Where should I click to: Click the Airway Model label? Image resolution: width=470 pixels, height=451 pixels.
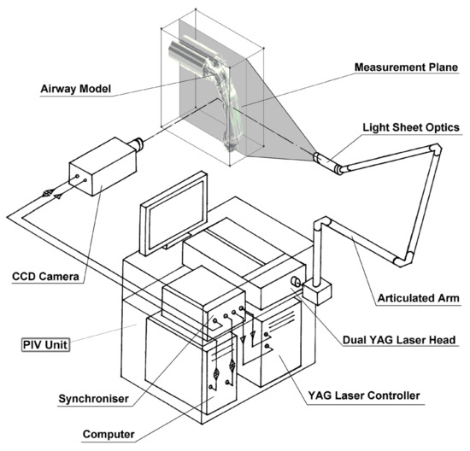point(75,89)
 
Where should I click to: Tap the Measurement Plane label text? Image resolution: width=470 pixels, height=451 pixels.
point(406,67)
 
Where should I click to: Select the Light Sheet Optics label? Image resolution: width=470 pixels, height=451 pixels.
point(411,127)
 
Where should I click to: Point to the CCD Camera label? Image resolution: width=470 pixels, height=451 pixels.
point(45,276)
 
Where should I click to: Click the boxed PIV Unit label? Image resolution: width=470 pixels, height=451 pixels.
point(45,344)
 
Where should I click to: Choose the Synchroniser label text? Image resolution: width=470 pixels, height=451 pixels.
point(93,399)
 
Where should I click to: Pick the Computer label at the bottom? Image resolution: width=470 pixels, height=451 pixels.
point(109,434)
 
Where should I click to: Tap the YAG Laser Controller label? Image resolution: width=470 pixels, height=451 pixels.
point(364,395)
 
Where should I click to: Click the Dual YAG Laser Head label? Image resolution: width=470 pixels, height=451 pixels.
point(399,340)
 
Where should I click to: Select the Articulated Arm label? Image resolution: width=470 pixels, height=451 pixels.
point(418,298)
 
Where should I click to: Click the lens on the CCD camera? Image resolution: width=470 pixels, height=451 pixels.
point(137,143)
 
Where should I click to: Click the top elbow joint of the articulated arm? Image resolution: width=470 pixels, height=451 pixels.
point(435,149)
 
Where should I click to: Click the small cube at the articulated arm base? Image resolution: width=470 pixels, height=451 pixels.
point(317,292)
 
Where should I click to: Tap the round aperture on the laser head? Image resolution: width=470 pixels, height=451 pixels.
point(296,282)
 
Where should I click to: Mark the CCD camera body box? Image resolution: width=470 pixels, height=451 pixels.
point(103,167)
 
